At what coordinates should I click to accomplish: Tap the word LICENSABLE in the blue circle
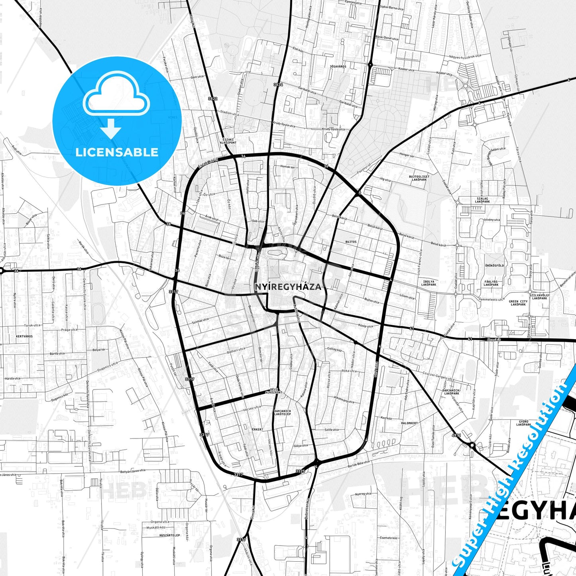[x=117, y=152]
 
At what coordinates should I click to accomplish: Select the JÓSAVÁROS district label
[x=338, y=67]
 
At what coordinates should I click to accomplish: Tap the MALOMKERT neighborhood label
[x=409, y=423]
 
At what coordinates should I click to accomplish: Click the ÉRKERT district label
[x=258, y=429]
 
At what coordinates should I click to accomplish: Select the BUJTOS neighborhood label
[x=351, y=242]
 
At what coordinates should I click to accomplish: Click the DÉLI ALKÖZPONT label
[x=276, y=391]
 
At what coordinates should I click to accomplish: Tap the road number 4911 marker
[x=456, y=435]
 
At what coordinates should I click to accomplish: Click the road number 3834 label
[x=278, y=85]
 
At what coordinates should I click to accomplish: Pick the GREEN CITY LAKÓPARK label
[x=518, y=303]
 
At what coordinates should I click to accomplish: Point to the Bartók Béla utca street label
[x=359, y=464]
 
